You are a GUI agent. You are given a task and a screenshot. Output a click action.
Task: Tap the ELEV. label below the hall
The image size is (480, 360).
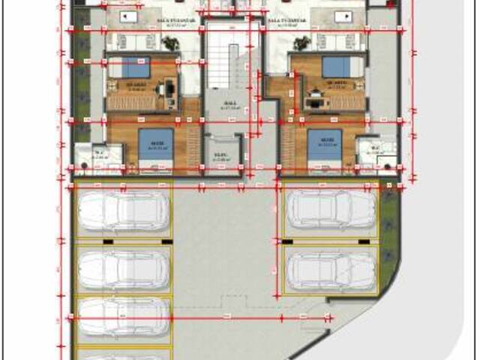pos(220,157)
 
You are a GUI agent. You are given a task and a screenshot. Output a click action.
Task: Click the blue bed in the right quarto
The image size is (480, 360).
pos(337,67)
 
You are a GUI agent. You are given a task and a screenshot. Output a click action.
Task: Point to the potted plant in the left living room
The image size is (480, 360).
pos(172,43)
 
